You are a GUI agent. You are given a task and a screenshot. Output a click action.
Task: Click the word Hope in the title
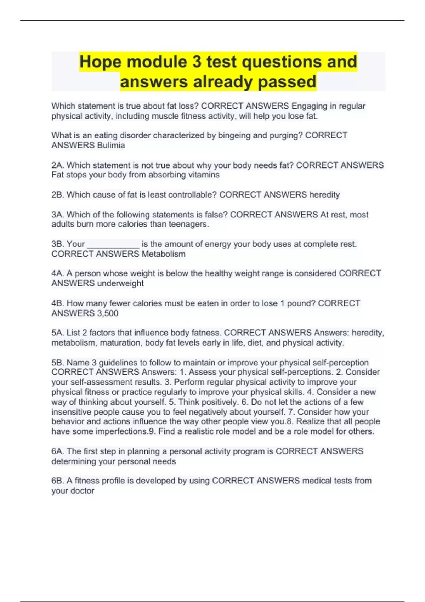pyautogui.click(x=101, y=62)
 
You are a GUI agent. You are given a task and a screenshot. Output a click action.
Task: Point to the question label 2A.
pyautogui.click(x=58, y=165)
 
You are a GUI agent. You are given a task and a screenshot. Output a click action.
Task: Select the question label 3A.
pyautogui.click(x=58, y=215)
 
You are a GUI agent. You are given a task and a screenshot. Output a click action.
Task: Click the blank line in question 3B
pyautogui.click(x=113, y=245)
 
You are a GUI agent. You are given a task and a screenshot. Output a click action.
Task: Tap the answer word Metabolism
pyautogui.click(x=163, y=254)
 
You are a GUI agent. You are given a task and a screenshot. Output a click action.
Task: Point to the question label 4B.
pyautogui.click(x=58, y=303)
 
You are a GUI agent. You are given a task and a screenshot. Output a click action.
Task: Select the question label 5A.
pyautogui.click(x=58, y=333)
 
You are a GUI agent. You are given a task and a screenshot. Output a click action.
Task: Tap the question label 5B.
pyautogui.click(x=58, y=363)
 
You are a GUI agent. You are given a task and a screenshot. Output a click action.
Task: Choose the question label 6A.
pyautogui.click(x=58, y=451)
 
